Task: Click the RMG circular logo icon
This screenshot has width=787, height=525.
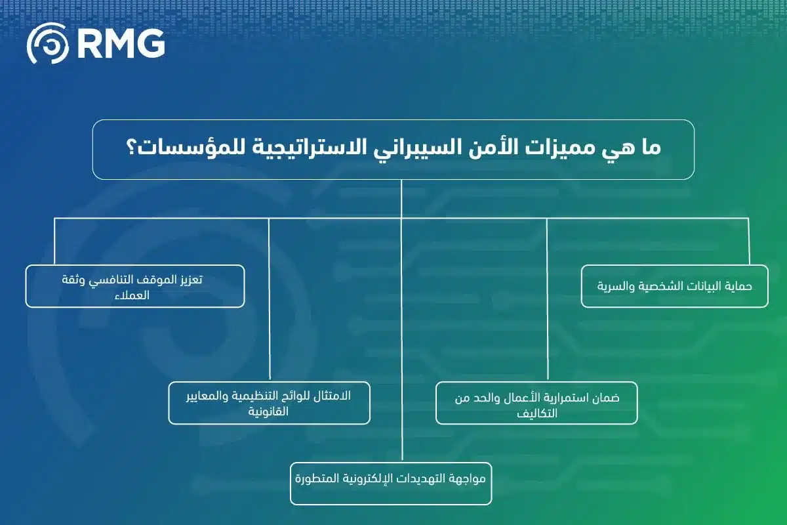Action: coord(48,43)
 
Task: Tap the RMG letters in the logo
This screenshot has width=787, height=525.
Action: coord(121,43)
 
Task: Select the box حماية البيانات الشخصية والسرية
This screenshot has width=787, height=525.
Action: coord(674,286)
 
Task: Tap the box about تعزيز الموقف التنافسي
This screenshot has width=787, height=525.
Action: coord(135,286)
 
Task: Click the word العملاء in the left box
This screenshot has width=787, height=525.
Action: coord(133,295)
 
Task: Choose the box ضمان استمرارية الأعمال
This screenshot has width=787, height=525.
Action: coord(536,402)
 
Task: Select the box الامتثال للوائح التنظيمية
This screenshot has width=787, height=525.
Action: coord(269,402)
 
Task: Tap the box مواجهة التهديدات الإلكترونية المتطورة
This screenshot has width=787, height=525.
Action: coord(391,484)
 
